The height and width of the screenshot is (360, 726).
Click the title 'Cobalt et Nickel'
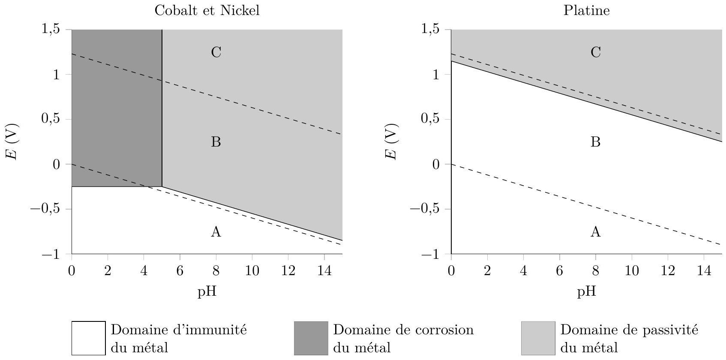[207, 11]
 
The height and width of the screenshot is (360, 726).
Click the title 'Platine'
[586, 11]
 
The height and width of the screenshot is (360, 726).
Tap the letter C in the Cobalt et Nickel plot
[216, 52]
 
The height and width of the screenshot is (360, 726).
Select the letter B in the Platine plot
[595, 142]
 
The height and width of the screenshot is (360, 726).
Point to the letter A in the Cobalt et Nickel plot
[216, 232]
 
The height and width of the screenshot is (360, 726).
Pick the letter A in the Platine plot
[595, 232]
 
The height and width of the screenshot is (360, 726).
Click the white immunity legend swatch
[88, 338]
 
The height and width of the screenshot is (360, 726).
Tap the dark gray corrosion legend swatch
[311, 338]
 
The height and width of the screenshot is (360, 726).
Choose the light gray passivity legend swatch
[538, 338]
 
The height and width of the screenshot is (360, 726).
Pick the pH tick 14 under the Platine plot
[704, 271]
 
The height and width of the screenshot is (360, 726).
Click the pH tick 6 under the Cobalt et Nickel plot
[180, 271]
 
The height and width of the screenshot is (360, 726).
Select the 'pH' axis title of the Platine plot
[586, 292]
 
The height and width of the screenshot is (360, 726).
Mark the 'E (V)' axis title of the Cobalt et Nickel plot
[12, 142]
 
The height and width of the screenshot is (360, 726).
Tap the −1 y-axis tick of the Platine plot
[432, 255]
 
